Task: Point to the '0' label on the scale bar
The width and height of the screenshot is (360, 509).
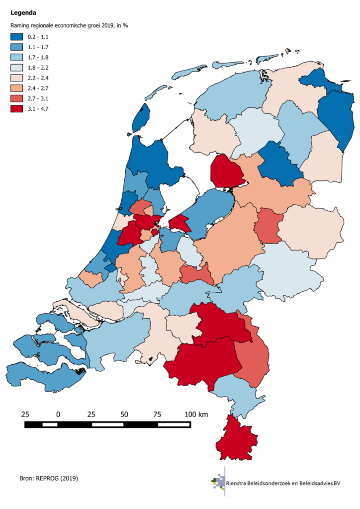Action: pyautogui.click(x=58, y=414)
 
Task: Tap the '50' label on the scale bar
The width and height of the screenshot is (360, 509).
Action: pyautogui.click(x=124, y=414)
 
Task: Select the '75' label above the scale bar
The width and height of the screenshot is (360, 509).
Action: pyautogui.click(x=157, y=414)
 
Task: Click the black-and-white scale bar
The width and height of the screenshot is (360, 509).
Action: pyautogui.click(x=107, y=424)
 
